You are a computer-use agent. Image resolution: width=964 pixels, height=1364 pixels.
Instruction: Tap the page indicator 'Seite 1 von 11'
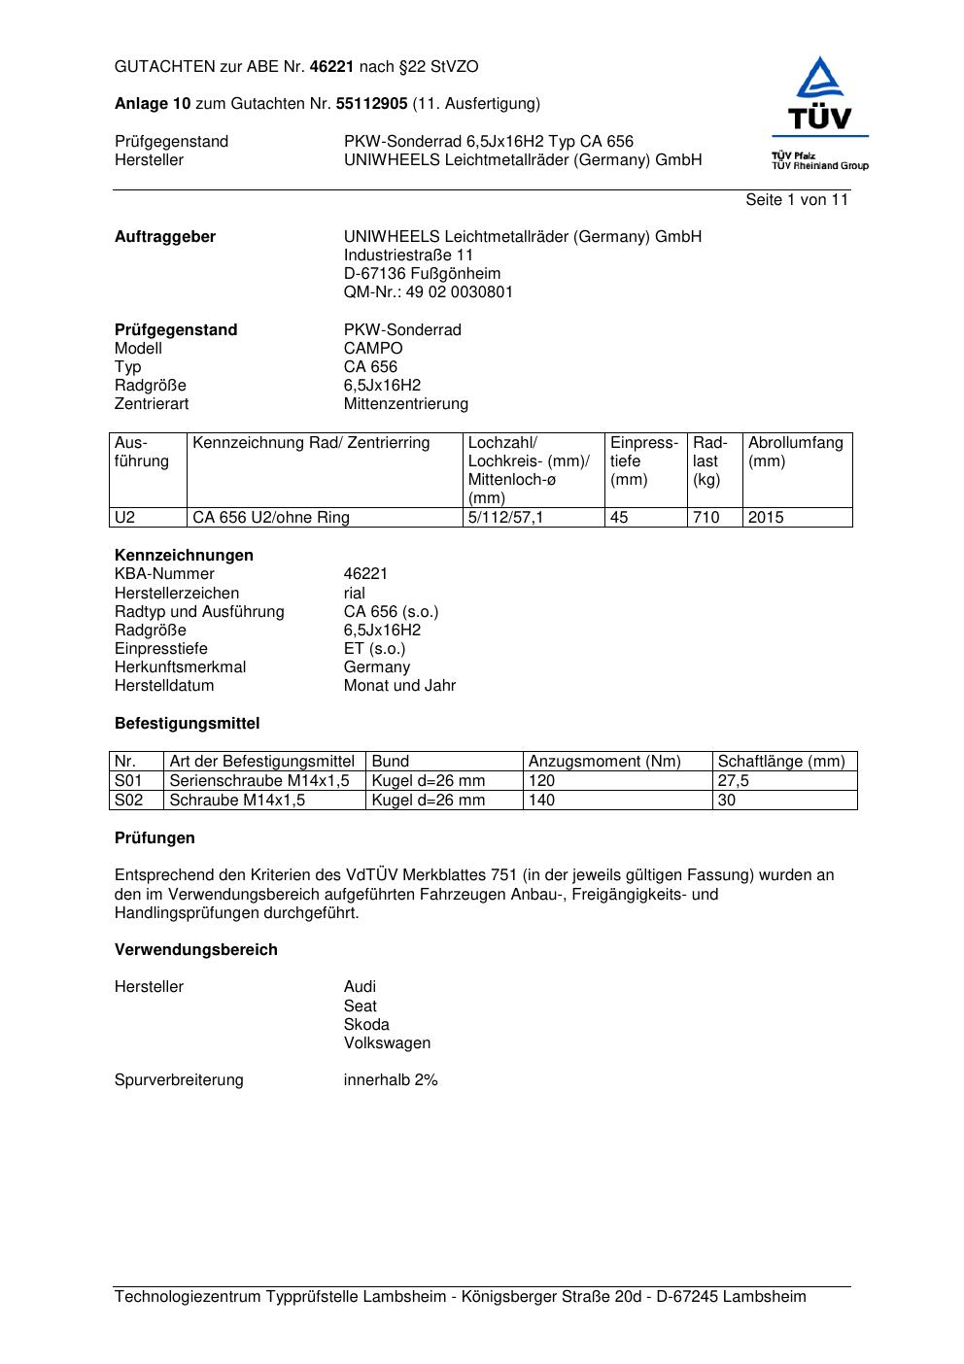pyautogui.click(x=797, y=200)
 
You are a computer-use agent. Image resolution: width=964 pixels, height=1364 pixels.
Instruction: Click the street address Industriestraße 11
pyautogui.click(x=408, y=256)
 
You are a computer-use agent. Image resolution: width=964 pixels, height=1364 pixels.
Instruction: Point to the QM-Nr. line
pyautogui.click(x=428, y=292)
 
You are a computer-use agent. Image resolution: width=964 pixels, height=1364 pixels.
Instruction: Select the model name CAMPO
pyautogui.click(x=372, y=349)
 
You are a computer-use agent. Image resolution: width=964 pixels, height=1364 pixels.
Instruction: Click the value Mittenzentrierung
pyautogui.click(x=405, y=404)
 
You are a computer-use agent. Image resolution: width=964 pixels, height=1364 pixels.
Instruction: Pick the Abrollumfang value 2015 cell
pyautogui.click(x=766, y=518)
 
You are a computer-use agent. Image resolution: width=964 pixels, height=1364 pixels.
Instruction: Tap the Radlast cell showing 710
pyautogui.click(x=706, y=518)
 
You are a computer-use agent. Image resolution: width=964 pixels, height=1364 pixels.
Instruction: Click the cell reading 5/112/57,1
pyautogui.click(x=505, y=518)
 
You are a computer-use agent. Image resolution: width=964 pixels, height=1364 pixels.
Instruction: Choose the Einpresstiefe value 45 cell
pyautogui.click(x=619, y=518)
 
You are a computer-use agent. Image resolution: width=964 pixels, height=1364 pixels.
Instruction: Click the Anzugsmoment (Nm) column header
pyautogui.click(x=604, y=762)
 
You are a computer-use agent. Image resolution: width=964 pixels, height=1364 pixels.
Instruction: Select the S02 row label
pyautogui.click(x=128, y=801)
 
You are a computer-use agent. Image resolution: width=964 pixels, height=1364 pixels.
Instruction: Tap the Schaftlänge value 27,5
pyautogui.click(x=733, y=781)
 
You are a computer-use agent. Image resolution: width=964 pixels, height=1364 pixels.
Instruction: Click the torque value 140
pyautogui.click(x=541, y=801)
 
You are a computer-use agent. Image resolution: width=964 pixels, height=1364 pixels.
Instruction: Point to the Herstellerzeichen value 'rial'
pyautogui.click(x=355, y=594)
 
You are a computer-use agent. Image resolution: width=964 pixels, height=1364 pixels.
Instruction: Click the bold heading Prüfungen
pyautogui.click(x=155, y=838)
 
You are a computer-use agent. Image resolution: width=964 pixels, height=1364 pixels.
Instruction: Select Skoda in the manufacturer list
pyautogui.click(x=366, y=1025)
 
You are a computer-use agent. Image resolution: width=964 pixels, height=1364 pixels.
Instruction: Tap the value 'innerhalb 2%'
pyautogui.click(x=391, y=1080)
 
